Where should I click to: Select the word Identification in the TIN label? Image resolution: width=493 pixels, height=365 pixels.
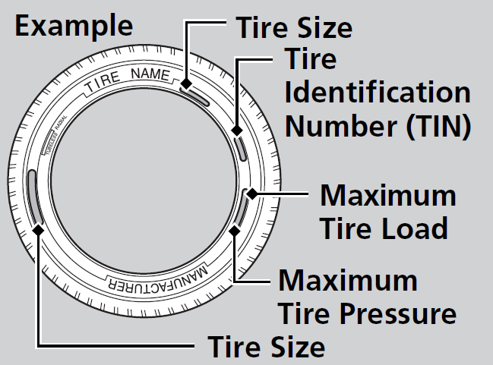377,93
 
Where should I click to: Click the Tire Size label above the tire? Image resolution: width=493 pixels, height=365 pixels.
293,27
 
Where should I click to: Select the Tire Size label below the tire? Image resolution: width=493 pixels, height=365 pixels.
267,347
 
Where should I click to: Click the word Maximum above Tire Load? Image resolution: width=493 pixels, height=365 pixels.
388,195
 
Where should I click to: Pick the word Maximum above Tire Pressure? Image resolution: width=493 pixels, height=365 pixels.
347,281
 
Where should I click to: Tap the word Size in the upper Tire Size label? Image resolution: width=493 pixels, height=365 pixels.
324,27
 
